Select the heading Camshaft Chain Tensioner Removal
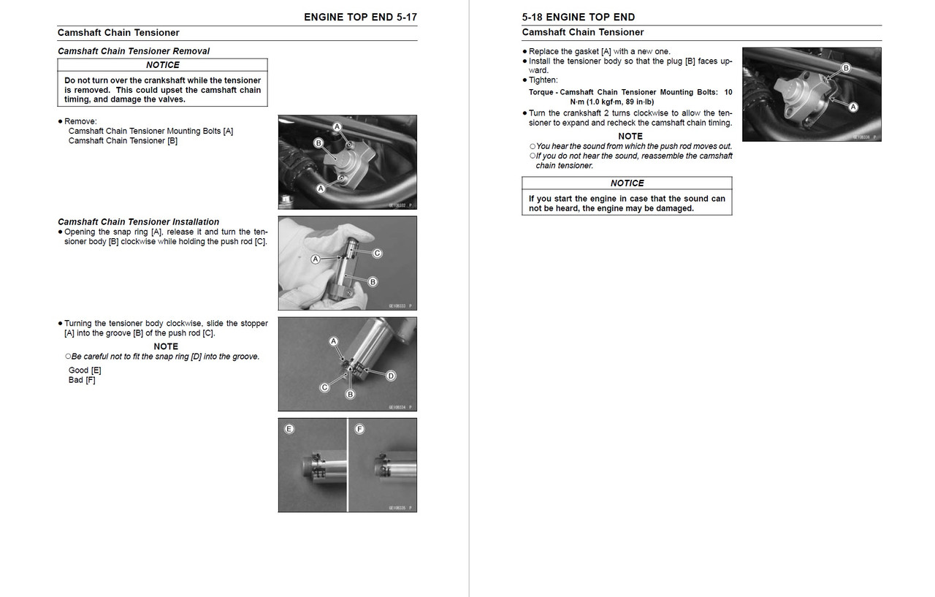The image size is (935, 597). point(133,51)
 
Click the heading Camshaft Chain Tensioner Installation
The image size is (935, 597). point(138,221)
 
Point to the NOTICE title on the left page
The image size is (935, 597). point(162,65)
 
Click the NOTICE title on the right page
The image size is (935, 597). point(627,183)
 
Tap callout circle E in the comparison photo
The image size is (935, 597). point(289,429)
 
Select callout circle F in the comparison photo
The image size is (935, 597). point(359,429)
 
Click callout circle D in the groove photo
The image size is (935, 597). point(391,376)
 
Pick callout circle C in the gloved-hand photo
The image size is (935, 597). point(378,254)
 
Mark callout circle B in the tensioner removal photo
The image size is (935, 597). point(318,143)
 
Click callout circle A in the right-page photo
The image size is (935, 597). point(852,107)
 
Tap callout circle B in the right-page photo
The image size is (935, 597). point(846,68)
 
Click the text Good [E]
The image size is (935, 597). point(85,370)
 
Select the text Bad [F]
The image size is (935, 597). point(82,380)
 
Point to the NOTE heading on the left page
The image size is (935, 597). point(166,346)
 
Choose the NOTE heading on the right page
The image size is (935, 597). point(630,136)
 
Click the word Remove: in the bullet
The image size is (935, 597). point(80,121)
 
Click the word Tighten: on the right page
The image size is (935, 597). point(543,80)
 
